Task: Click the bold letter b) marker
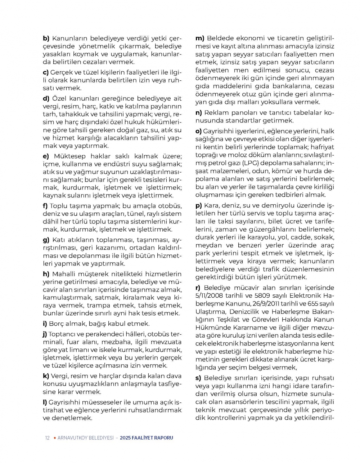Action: coord(46,38)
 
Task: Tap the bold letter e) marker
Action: coord(46,156)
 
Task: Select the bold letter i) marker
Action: coord(45,324)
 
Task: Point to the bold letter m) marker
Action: coord(200,38)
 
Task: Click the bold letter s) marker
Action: coord(198,378)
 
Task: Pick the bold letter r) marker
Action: coord(198,288)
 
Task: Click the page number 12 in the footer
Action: coord(47,438)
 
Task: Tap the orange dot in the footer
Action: coord(54,438)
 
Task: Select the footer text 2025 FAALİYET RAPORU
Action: coord(147,438)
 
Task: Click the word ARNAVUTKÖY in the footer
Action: coord(73,438)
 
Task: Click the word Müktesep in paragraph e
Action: coord(70,156)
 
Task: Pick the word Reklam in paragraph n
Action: coord(216,112)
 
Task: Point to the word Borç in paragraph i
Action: coord(57,324)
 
